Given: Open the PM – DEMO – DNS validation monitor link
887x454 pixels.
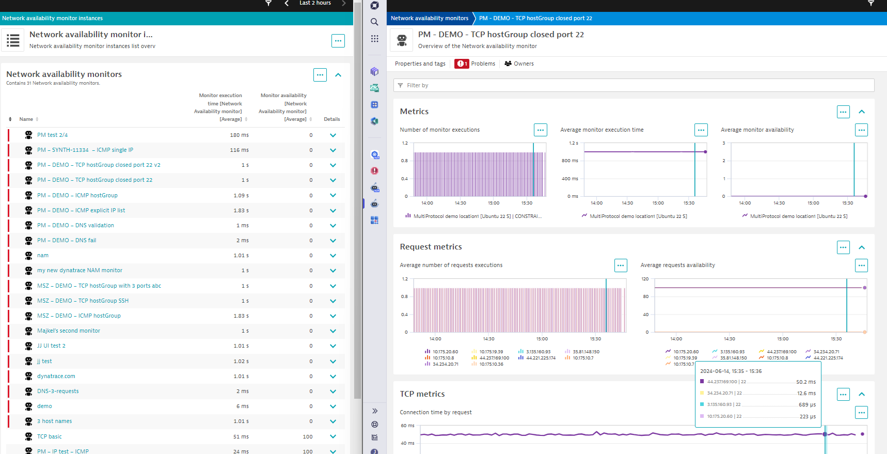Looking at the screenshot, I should [x=75, y=225].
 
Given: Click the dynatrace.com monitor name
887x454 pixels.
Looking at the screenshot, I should [x=56, y=376].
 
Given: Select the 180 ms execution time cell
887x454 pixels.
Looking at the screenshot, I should [x=239, y=135].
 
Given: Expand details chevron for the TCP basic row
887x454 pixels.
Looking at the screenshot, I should [x=333, y=436].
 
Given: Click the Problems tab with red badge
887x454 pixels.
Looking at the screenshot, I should [x=475, y=64].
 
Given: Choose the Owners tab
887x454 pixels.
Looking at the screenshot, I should [x=519, y=64].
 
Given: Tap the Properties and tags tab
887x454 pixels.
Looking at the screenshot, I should [x=420, y=64].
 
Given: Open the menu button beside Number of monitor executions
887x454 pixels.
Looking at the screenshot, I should [x=541, y=130].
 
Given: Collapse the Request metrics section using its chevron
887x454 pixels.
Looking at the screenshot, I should [x=862, y=247].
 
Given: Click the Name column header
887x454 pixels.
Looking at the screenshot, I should [x=26, y=119].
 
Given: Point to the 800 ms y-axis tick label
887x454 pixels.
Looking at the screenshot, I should [x=570, y=161].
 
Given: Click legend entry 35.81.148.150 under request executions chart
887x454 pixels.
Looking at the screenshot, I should [x=586, y=352].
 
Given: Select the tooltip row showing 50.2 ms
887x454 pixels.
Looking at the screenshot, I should [x=757, y=382].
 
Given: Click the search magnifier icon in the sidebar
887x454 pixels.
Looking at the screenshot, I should [x=374, y=22].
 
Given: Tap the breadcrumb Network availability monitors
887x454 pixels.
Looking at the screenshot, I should [x=430, y=18].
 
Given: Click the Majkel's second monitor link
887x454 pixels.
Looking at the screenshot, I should [x=69, y=331].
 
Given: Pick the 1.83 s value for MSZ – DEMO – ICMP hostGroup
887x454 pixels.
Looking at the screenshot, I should [x=241, y=316].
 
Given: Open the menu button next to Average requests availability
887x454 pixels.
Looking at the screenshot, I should [x=861, y=265].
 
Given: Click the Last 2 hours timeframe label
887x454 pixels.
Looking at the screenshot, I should [x=315, y=3].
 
